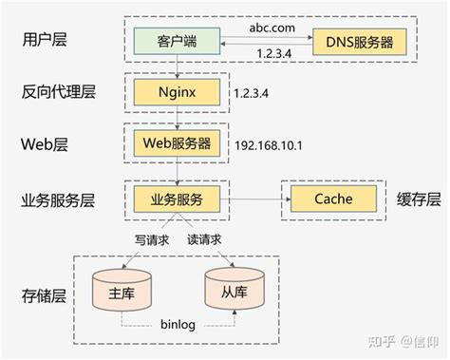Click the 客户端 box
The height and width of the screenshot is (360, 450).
pyautogui.click(x=177, y=43)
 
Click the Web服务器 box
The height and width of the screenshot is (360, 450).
pyautogui.click(x=177, y=143)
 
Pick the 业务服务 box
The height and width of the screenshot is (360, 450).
pyautogui.click(x=177, y=199)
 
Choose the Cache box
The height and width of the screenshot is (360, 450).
pyautogui.click(x=333, y=199)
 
